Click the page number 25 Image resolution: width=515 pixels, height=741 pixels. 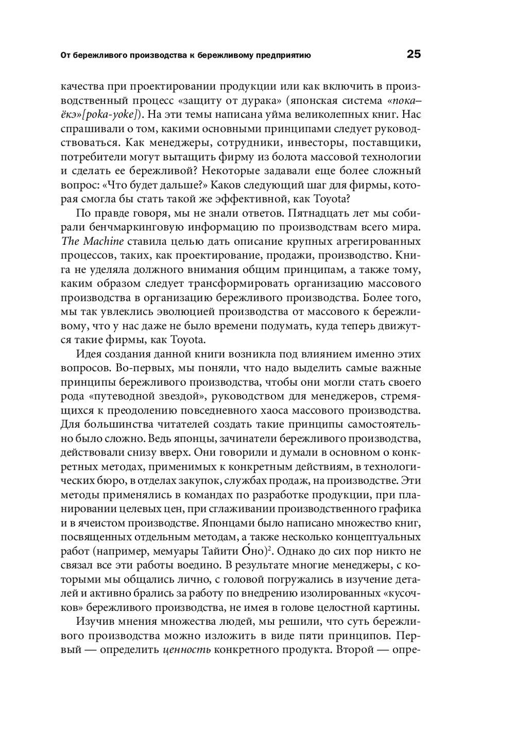tap(414, 54)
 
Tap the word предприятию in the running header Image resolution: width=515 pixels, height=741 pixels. tap(282, 55)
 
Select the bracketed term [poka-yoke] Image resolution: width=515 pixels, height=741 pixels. tap(112, 114)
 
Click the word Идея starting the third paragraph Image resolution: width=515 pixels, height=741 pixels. tap(88, 354)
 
